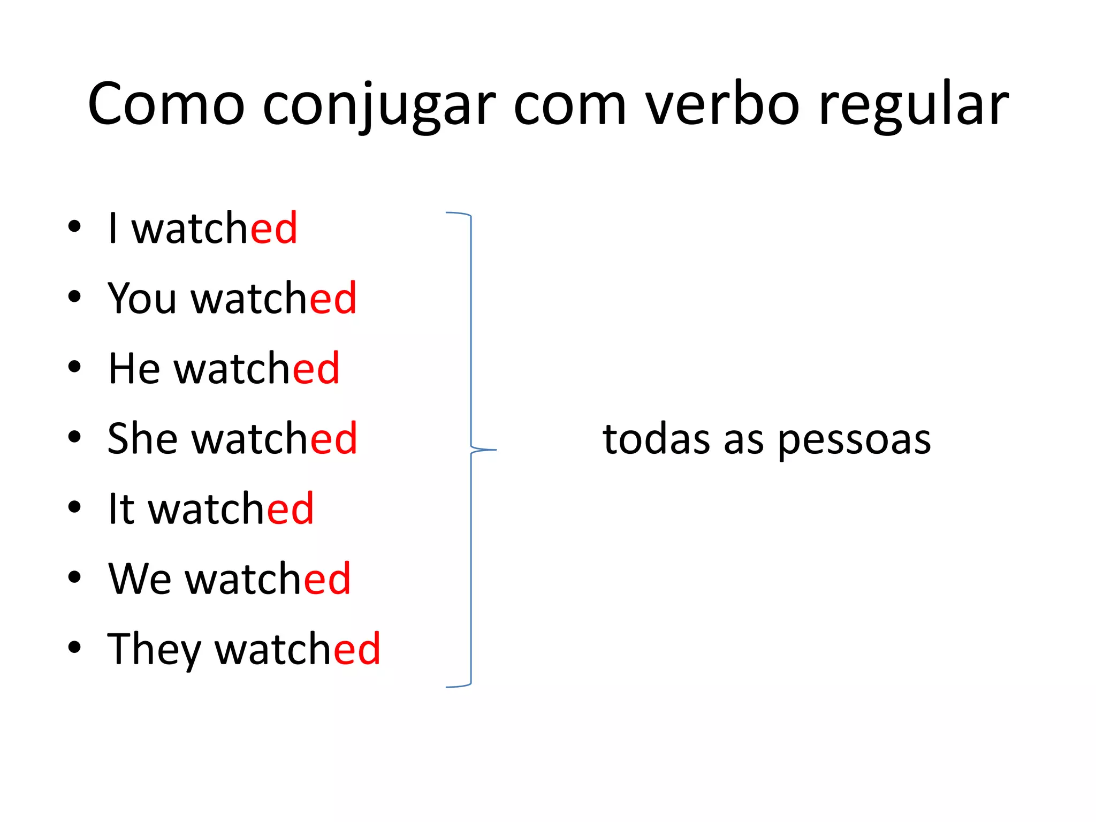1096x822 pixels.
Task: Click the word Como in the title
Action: (x=166, y=104)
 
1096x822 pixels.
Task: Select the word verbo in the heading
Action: (x=722, y=104)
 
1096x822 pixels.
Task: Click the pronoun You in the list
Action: (x=142, y=298)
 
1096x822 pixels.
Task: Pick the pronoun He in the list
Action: (x=134, y=369)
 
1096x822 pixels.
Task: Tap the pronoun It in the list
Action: (x=121, y=509)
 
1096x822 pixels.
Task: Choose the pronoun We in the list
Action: (x=139, y=579)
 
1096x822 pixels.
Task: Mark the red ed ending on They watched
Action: (x=357, y=649)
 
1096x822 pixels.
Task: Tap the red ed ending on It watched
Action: (x=290, y=509)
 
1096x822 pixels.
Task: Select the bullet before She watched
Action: (x=74, y=437)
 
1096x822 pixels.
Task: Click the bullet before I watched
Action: (x=74, y=226)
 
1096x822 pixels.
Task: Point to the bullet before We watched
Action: (x=74, y=577)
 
